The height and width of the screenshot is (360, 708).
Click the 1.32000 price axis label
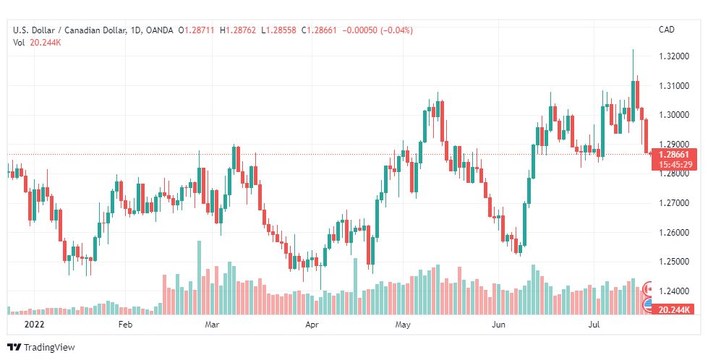[x=673, y=56]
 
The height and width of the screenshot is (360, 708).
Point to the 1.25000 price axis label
[x=673, y=262]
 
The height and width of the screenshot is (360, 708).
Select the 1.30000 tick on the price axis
[x=673, y=114]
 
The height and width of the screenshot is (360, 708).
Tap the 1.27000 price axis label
[x=673, y=203]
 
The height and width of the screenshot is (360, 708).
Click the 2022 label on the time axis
[x=34, y=325]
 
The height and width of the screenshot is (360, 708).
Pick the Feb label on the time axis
[x=126, y=325]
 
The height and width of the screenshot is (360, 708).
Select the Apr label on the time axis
[x=312, y=325]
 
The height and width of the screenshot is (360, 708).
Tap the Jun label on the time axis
[x=498, y=325]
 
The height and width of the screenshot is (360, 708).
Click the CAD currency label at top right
[x=666, y=30]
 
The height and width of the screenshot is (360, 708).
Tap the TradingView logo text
[x=48, y=348]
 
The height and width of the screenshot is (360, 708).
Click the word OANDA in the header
[x=158, y=30]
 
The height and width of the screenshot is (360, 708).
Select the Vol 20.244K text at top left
[x=37, y=42]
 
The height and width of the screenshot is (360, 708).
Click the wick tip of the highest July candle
[x=633, y=50]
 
